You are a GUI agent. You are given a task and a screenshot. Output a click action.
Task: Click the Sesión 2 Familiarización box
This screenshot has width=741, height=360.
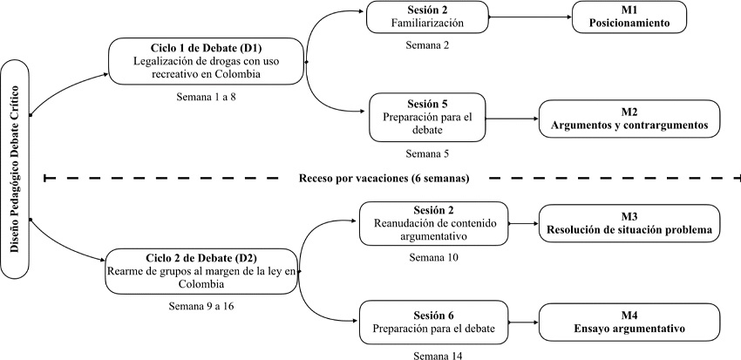tap(428, 17)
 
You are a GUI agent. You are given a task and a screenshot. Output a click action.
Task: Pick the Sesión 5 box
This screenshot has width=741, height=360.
tap(426, 117)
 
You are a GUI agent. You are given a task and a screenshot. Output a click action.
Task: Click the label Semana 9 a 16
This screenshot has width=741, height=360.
tap(201, 306)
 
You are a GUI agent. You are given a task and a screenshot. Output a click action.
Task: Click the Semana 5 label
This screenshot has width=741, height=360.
tap(426, 153)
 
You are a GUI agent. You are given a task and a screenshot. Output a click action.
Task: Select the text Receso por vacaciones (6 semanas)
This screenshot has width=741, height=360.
tap(384, 179)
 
